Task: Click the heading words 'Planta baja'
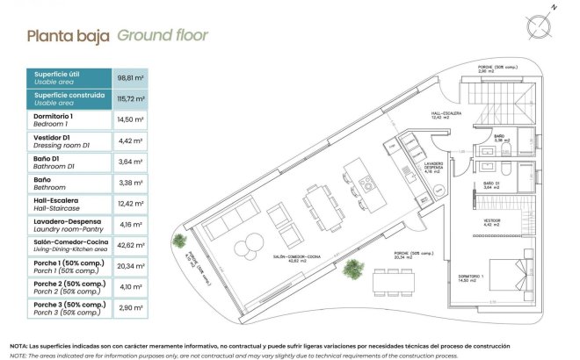coord(68,37)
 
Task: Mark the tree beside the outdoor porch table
coord(356,270)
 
